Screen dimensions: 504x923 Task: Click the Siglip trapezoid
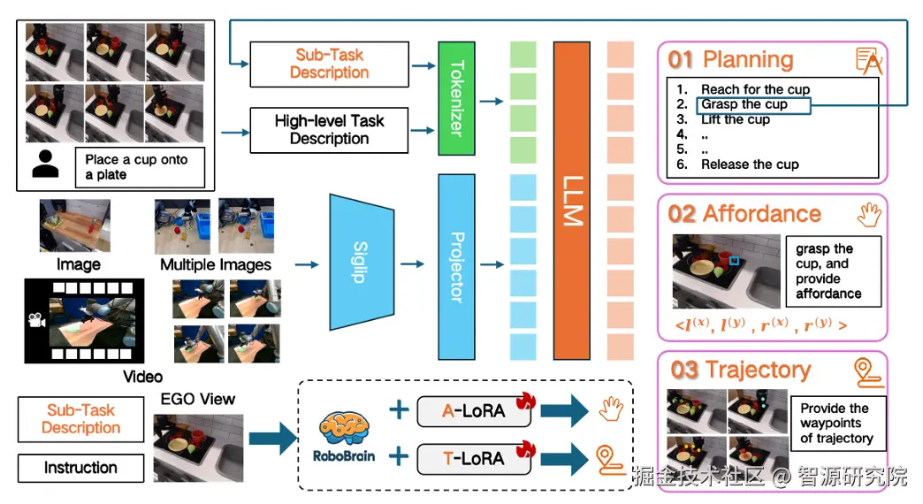pyautogui.click(x=361, y=263)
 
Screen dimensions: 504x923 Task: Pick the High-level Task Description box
pyautogui.click(x=329, y=130)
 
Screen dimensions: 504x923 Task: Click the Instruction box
pyautogui.click(x=80, y=468)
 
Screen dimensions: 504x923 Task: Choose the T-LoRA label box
pyautogui.click(x=473, y=458)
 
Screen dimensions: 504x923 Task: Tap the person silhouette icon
pyautogui.click(x=45, y=165)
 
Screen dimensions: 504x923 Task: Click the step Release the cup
pyautogui.click(x=750, y=164)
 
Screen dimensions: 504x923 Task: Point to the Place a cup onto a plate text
pyautogui.click(x=136, y=167)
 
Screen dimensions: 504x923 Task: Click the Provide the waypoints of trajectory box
pyautogui.click(x=835, y=423)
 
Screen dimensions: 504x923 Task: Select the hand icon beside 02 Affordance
pyautogui.click(x=870, y=214)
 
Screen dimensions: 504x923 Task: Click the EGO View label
pyautogui.click(x=197, y=399)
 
